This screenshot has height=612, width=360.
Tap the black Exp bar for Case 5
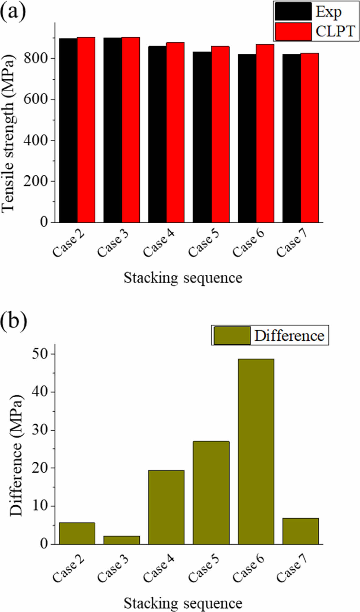click(x=202, y=137)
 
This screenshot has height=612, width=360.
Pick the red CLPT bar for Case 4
click(x=175, y=132)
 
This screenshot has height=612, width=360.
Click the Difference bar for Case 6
click(x=256, y=452)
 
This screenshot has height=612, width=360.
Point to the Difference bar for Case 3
click(x=122, y=540)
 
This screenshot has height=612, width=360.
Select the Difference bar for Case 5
click(x=211, y=492)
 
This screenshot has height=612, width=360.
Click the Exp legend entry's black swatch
click(x=293, y=12)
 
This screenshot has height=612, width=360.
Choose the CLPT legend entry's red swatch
click(x=293, y=31)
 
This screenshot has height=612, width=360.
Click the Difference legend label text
click(x=289, y=336)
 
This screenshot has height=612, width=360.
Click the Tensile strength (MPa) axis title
click(x=9, y=133)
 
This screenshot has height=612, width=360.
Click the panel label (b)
click(x=13, y=321)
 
